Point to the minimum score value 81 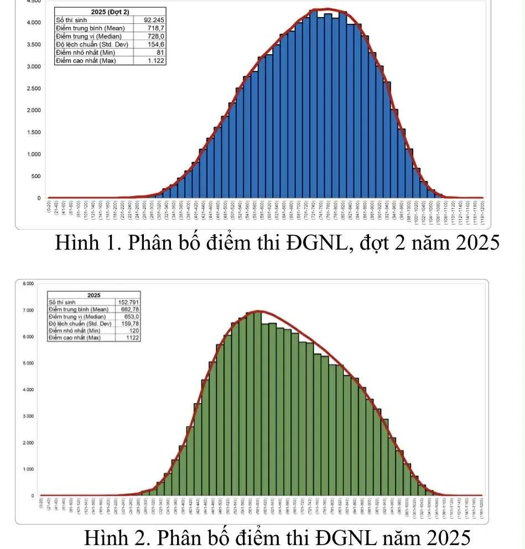[x=160, y=53]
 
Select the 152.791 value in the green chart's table [x=127, y=302]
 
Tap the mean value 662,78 [x=128, y=309]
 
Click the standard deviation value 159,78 [x=128, y=323]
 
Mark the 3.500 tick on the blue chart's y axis [x=33, y=44]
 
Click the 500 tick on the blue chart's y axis [x=35, y=176]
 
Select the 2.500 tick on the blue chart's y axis [x=33, y=89]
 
